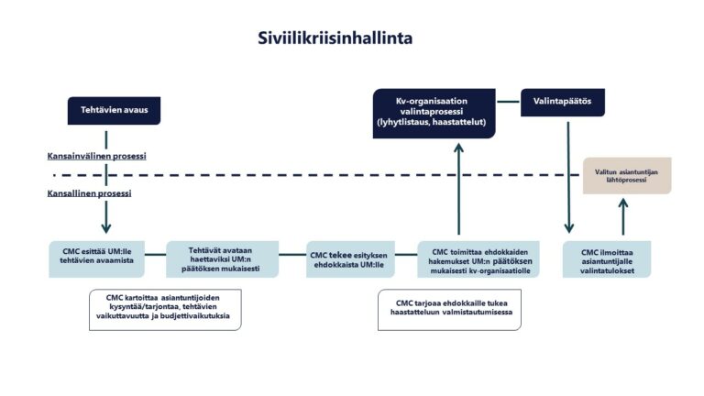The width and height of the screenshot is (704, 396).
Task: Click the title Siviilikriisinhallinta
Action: coord(335,38)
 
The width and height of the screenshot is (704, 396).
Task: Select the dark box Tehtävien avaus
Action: coord(107,111)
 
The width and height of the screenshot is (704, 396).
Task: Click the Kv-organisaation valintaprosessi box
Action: coord(434,113)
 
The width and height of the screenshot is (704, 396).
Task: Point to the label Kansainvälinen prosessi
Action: coord(97,156)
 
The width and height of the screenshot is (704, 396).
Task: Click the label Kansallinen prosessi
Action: coord(90,193)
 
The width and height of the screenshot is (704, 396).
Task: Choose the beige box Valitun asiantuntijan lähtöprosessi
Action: coord(627,174)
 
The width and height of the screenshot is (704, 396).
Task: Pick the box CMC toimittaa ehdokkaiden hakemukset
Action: coord(478,258)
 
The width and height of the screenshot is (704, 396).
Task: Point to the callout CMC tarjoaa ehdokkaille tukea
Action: coord(454,309)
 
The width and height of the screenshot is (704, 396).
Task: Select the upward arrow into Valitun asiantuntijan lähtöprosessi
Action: coord(623,218)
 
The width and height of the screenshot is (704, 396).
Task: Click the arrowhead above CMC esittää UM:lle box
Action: coord(106,228)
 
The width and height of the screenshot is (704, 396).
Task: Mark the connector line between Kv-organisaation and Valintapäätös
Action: coord(508,100)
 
